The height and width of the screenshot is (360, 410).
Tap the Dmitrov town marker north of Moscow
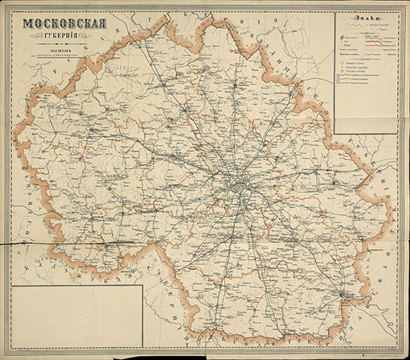[x=240, y=99]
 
